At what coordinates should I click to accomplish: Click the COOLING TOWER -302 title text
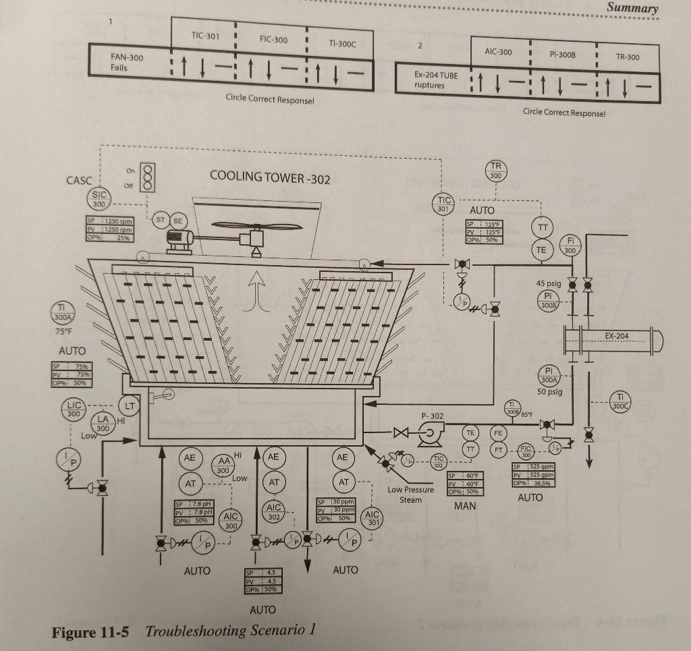[x=270, y=177]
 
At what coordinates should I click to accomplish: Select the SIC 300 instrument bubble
[x=99, y=199]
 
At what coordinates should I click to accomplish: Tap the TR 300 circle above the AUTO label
[x=496, y=171]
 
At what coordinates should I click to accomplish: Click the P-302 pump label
[x=433, y=417]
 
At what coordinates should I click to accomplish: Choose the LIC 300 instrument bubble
[x=73, y=409]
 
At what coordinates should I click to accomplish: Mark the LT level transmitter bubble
[x=129, y=405]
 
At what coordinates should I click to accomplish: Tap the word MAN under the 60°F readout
[x=465, y=505]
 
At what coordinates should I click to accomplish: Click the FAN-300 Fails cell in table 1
[x=128, y=63]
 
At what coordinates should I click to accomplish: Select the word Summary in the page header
[x=632, y=8]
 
